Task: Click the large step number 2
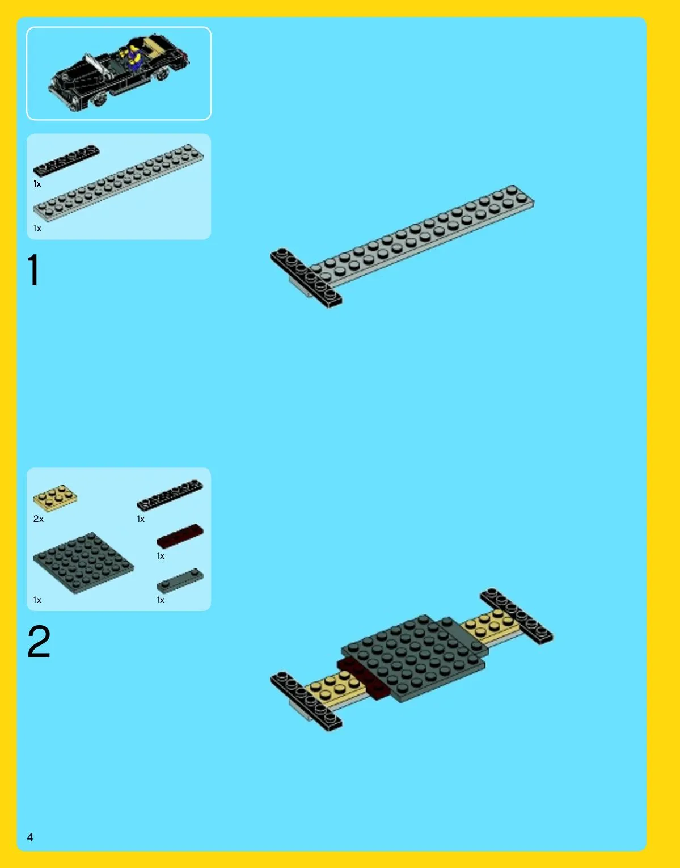pyautogui.click(x=39, y=642)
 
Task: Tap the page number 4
pyautogui.click(x=30, y=837)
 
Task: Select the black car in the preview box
pyautogui.click(x=119, y=73)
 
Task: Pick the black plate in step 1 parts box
pyautogui.click(x=66, y=160)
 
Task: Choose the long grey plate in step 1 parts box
pyautogui.click(x=119, y=182)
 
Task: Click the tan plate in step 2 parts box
pyautogui.click(x=55, y=498)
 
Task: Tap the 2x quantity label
pyautogui.click(x=39, y=519)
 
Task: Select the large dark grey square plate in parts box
pyautogui.click(x=83, y=563)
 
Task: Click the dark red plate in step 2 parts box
pyautogui.click(x=180, y=536)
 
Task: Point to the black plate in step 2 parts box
pyautogui.click(x=170, y=495)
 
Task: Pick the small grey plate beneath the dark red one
pyautogui.click(x=180, y=580)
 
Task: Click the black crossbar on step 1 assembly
pyautogui.click(x=306, y=277)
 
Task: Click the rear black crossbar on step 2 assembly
pyautogui.click(x=516, y=616)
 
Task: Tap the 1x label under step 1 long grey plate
pyautogui.click(x=37, y=229)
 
